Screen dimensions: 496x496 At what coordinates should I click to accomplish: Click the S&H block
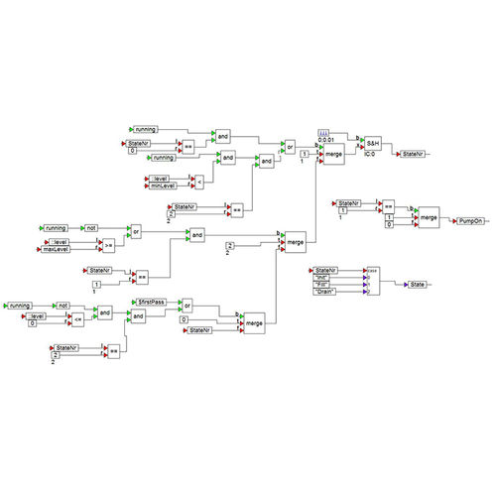pyautogui.click(x=373, y=143)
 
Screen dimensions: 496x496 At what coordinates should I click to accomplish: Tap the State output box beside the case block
pyautogui.click(x=417, y=284)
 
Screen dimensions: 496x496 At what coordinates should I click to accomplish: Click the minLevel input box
pyautogui.click(x=162, y=186)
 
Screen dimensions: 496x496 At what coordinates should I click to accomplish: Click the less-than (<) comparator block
pyautogui.click(x=199, y=182)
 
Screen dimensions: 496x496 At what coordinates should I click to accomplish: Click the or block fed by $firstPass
pyautogui.click(x=186, y=306)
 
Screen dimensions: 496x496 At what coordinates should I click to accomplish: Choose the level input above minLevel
pyautogui.click(x=161, y=178)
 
